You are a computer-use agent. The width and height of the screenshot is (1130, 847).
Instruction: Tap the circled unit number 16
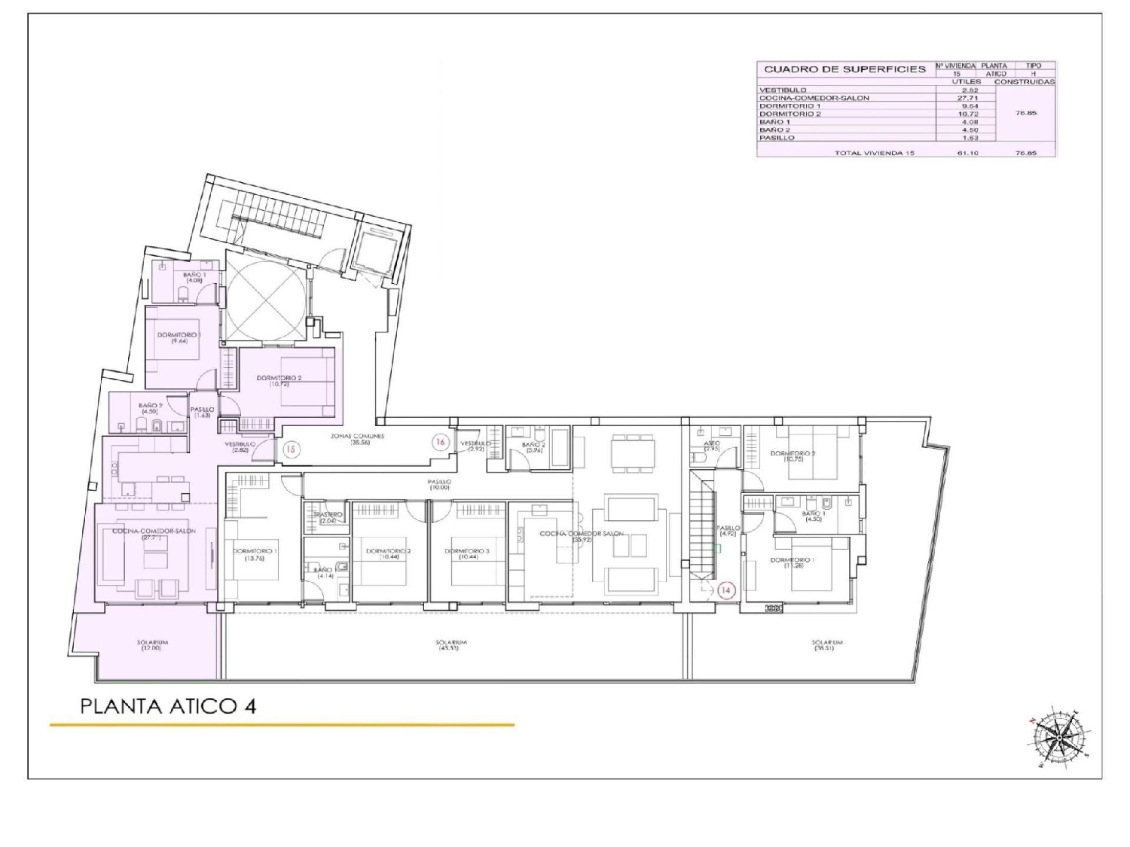(439, 442)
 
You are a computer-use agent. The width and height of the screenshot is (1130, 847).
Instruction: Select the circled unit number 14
(725, 591)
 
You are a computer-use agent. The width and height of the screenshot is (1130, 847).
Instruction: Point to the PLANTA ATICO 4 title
(168, 706)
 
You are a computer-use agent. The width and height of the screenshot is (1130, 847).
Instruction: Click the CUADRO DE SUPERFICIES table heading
(844, 69)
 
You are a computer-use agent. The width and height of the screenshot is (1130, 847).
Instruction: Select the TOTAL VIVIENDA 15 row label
(874, 153)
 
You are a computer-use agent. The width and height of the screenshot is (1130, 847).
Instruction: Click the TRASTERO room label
(327, 516)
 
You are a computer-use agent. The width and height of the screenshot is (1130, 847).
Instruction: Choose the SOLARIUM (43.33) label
(451, 645)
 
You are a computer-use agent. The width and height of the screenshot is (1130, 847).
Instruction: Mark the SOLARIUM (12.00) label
(153, 645)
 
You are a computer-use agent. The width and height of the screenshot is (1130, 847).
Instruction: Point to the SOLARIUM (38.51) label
(827, 645)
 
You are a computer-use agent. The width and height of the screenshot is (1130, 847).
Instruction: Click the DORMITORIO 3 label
(467, 553)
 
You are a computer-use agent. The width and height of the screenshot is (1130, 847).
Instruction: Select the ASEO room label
(712, 446)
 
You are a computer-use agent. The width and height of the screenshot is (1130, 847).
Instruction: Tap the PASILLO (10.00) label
(439, 484)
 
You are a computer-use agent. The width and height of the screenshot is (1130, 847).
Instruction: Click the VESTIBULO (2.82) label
(240, 446)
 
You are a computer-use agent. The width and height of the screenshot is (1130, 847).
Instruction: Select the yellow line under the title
(282, 725)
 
